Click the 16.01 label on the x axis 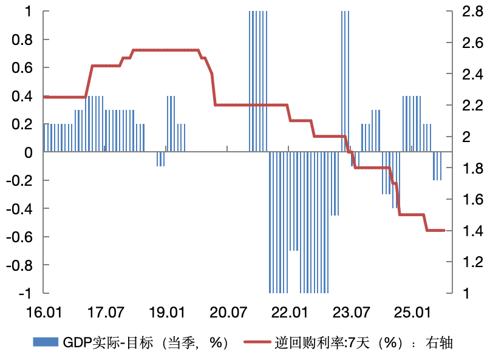pos(44,313)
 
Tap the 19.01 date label pos(166,313)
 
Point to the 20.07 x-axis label pos(227,313)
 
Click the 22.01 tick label pos(288,313)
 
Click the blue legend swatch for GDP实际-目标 pos(46,342)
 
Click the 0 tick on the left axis pos(29,153)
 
